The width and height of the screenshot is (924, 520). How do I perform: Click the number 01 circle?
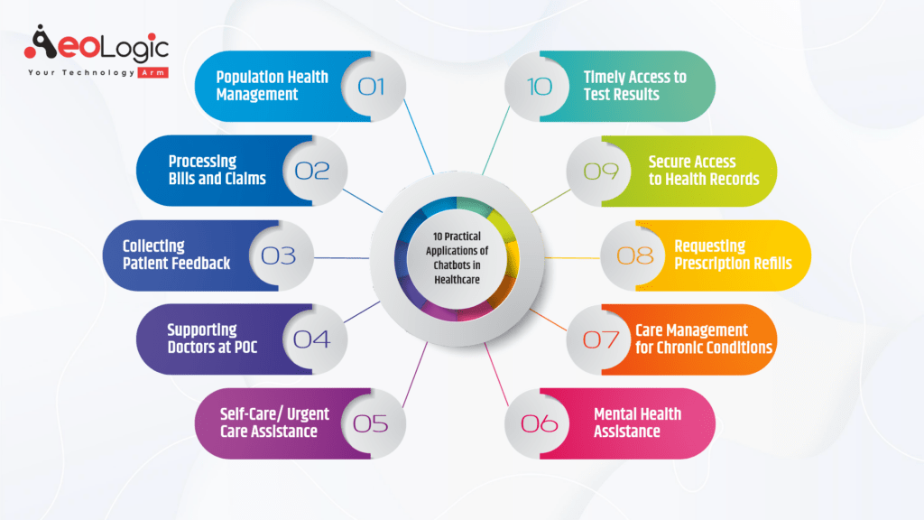coord(371,87)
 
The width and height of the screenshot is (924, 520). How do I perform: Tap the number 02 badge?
coord(312,171)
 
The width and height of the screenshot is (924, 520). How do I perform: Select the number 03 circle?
coord(279,255)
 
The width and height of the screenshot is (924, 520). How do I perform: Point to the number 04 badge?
coord(312,339)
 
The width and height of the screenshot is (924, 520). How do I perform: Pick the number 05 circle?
coord(371,423)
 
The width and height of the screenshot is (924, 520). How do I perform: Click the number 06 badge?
coord(539,423)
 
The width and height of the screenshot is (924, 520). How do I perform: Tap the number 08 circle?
coord(634,255)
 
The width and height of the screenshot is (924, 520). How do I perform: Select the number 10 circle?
coord(539,87)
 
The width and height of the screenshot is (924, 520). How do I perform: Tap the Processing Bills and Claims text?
coord(217,170)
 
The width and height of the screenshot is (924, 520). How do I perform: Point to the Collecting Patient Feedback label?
coord(176,255)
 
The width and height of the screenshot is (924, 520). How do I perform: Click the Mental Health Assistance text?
coord(637,422)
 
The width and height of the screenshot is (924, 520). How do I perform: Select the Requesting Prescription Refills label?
coord(733,255)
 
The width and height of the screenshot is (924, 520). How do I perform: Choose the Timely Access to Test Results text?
coord(634,86)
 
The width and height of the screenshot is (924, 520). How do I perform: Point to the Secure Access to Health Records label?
coord(703,170)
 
